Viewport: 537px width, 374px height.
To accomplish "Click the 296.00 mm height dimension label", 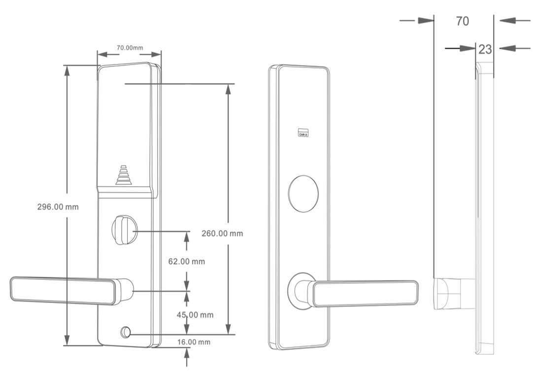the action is click(x=58, y=207).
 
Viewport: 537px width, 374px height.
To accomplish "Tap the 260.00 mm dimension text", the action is click(x=222, y=234).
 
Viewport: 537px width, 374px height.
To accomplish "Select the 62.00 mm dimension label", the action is click(x=187, y=262).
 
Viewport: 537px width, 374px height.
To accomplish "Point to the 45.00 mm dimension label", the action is click(x=195, y=315).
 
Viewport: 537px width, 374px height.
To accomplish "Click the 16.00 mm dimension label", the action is click(x=194, y=342).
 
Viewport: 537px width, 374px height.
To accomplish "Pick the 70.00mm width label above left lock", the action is click(x=130, y=48).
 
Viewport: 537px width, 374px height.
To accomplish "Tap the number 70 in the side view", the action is click(x=462, y=21).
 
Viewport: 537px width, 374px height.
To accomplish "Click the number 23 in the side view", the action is click(x=485, y=49).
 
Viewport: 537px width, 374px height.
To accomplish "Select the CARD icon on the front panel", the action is click(x=303, y=133).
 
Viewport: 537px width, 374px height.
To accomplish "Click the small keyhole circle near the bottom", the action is click(x=126, y=332).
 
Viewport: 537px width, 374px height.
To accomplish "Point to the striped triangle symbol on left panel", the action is click(x=124, y=175).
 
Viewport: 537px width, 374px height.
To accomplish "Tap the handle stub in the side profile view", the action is click(x=454, y=294).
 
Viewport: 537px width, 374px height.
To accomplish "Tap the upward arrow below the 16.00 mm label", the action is click(x=187, y=354).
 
